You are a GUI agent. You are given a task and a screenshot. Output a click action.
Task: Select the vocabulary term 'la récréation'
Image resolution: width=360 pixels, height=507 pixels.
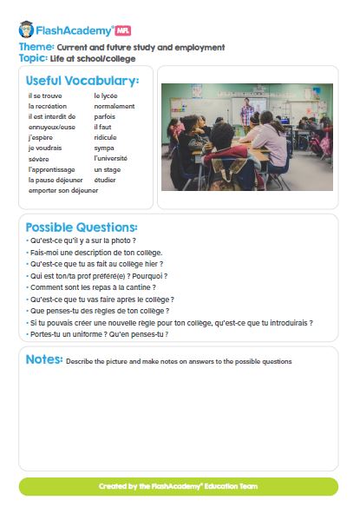(47, 106)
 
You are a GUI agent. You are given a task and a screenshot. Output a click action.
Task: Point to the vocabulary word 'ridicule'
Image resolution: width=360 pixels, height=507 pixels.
(106, 137)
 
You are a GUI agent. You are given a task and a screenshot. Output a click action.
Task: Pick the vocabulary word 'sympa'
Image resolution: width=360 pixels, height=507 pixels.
(104, 148)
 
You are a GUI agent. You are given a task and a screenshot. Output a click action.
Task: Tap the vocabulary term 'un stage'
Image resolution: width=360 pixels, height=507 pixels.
(107, 169)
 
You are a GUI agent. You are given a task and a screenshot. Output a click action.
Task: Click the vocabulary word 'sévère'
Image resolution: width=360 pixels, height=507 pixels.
(40, 159)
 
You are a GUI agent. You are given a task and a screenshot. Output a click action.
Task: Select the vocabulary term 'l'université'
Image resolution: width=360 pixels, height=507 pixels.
(111, 159)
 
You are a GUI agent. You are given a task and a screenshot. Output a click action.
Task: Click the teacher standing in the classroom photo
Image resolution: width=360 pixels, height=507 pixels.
(248, 113)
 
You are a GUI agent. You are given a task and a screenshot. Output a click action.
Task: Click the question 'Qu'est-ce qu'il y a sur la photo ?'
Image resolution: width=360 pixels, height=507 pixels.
(82, 240)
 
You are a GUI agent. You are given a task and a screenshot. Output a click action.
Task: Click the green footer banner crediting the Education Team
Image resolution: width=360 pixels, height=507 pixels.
(179, 486)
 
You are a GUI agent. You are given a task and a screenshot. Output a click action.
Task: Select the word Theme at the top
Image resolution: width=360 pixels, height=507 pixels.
(36, 47)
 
